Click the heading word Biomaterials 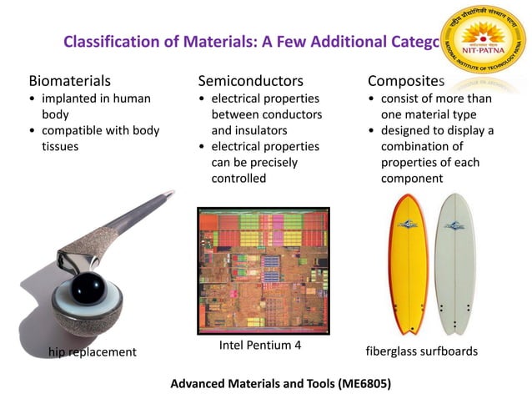pyautogui.click(x=70, y=81)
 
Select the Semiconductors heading pyautogui.click(x=250, y=81)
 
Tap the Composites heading pyautogui.click(x=406, y=81)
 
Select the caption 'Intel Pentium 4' pyautogui.click(x=260, y=345)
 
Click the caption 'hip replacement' pyautogui.click(x=92, y=352)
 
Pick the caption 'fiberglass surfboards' pyautogui.click(x=422, y=351)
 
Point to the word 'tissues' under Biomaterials pyautogui.click(x=62, y=146)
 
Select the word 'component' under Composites pyautogui.click(x=413, y=178)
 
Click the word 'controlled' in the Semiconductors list pyautogui.click(x=238, y=178)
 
